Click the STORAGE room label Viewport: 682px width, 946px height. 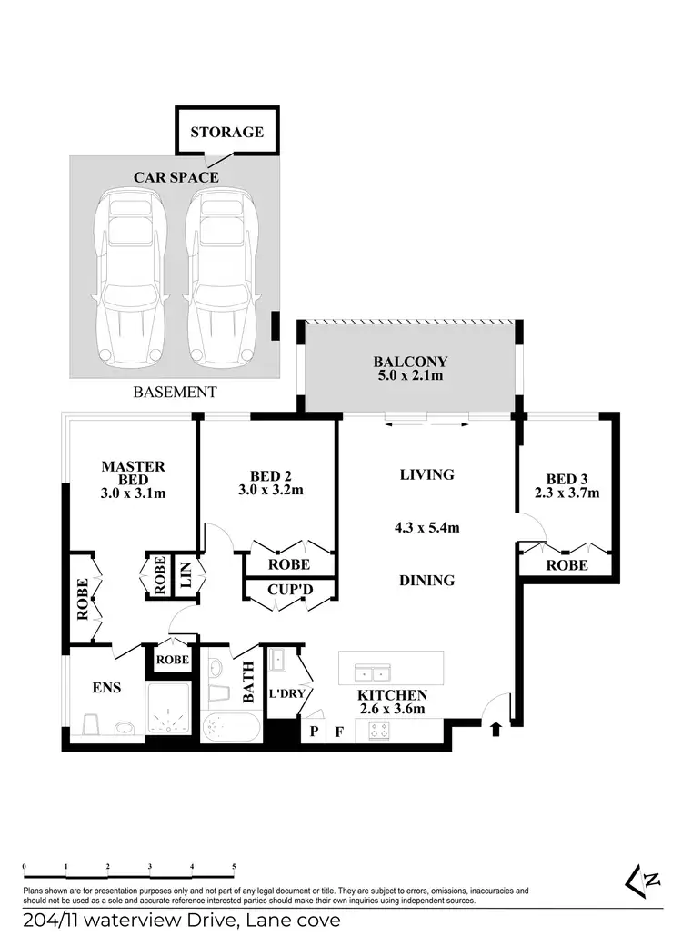pyautogui.click(x=226, y=132)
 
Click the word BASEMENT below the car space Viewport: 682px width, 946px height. pyautogui.click(x=175, y=393)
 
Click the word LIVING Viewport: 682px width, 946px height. pyautogui.click(x=426, y=474)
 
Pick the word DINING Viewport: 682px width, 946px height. pyautogui.click(x=426, y=580)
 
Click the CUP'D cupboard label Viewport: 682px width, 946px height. pyautogui.click(x=290, y=589)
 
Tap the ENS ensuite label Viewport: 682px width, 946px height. pyautogui.click(x=106, y=688)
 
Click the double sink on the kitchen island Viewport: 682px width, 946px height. pyautogui.click(x=372, y=674)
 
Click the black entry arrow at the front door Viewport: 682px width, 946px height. pyautogui.click(x=495, y=728)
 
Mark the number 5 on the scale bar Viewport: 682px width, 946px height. pyautogui.click(x=235, y=866)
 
